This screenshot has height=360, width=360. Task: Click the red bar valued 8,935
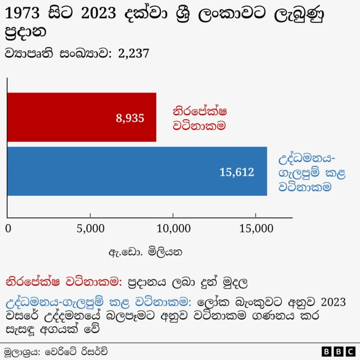(82, 117)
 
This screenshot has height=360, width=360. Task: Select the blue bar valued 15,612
(137, 171)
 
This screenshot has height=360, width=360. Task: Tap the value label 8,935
(130, 118)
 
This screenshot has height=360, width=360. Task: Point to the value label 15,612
(237, 172)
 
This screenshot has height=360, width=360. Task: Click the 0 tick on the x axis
(8, 228)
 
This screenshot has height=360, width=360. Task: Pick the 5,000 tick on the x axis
(91, 228)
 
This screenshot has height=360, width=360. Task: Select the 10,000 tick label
(173, 228)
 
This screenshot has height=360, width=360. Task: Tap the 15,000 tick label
(256, 228)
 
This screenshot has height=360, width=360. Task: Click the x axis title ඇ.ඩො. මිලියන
(146, 251)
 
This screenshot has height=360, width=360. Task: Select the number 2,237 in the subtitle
(133, 53)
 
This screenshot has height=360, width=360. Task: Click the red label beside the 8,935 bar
(200, 118)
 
